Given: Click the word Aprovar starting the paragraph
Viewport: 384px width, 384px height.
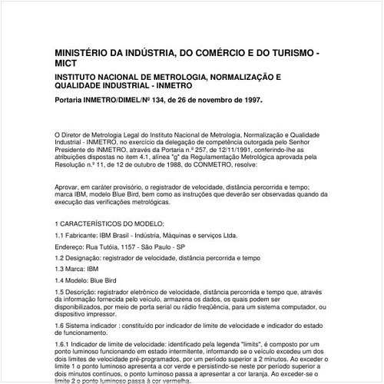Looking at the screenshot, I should point(69,187).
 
